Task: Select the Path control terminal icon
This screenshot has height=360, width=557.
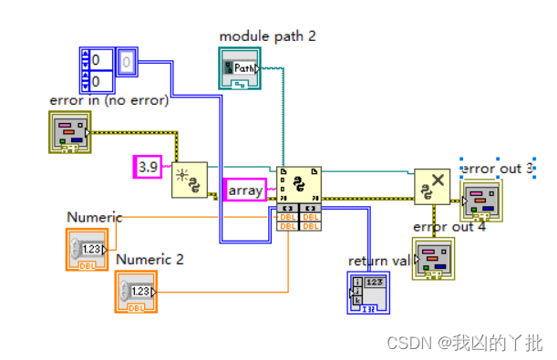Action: (240, 68)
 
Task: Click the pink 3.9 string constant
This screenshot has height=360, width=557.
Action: (147, 166)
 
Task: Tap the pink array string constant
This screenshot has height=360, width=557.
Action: (245, 190)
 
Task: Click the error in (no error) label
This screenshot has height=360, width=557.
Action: (108, 100)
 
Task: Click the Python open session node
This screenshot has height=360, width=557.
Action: (190, 180)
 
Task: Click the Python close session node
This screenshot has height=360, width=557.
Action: (432, 186)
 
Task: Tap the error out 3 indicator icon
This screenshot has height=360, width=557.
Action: (480, 201)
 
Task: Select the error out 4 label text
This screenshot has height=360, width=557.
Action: (449, 227)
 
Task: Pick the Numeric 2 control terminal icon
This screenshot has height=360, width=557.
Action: (136, 293)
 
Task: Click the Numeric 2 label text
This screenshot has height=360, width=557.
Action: (150, 259)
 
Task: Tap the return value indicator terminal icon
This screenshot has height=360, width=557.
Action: (368, 293)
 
